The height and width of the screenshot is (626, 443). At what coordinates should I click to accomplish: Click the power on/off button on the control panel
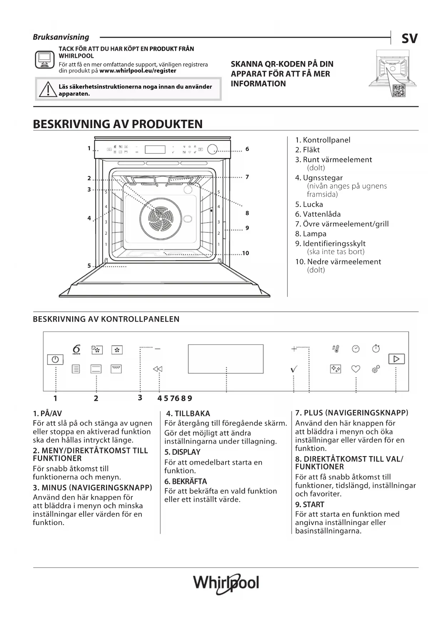click(55, 359)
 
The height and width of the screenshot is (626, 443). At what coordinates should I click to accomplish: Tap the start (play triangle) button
click(396, 359)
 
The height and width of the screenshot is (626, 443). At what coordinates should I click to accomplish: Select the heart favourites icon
click(356, 369)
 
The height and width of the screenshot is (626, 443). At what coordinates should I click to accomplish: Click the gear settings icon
click(376, 369)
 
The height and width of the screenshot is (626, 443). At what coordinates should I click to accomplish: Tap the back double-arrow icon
click(157, 369)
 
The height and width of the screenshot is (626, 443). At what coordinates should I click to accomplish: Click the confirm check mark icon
click(294, 369)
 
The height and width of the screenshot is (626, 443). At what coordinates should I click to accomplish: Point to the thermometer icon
click(336, 349)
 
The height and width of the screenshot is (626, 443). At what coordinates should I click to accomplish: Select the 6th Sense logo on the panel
click(76, 349)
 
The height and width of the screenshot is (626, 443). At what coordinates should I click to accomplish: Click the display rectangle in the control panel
click(226, 359)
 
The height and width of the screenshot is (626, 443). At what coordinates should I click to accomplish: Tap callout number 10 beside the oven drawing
click(246, 253)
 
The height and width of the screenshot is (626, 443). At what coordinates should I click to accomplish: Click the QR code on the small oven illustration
click(398, 91)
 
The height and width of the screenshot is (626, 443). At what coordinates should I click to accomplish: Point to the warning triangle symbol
click(46, 90)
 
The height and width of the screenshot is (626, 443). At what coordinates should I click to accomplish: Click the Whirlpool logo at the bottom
click(226, 583)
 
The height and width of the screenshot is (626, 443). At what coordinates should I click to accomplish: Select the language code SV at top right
click(409, 39)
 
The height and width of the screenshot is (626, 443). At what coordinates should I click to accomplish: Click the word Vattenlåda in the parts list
click(322, 214)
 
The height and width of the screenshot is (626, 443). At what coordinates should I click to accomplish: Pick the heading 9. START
click(309, 504)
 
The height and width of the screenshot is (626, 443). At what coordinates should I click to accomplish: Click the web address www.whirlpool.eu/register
click(138, 71)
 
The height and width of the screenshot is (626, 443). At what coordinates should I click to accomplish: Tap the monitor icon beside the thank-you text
click(45, 59)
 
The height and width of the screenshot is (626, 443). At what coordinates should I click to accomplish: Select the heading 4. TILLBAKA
click(188, 413)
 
